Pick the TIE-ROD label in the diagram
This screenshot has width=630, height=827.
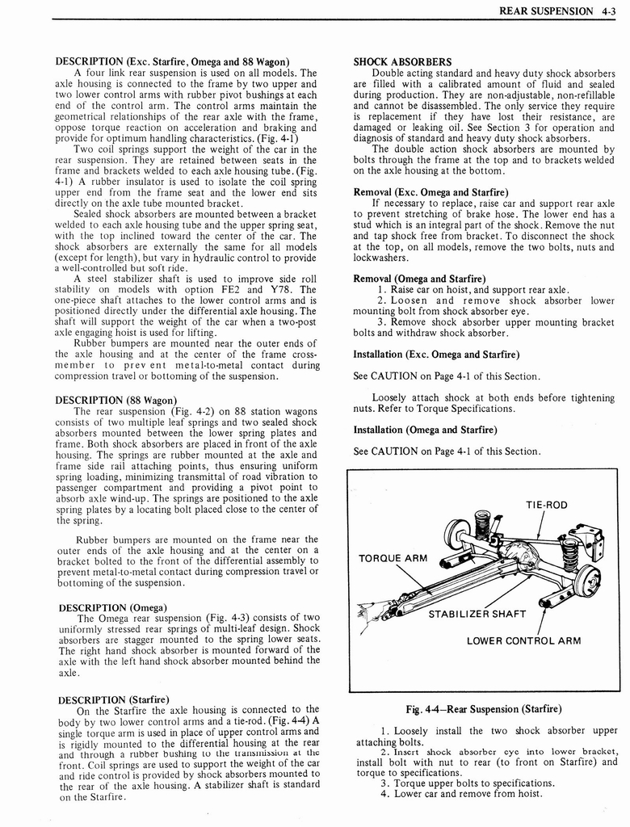(x=547, y=505)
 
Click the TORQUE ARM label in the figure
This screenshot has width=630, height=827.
(x=393, y=558)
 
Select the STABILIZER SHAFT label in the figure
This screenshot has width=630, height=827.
(x=477, y=614)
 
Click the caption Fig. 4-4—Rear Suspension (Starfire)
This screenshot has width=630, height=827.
(x=483, y=709)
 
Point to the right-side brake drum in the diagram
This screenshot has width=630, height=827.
(x=586, y=579)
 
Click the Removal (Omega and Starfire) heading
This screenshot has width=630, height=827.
(x=419, y=279)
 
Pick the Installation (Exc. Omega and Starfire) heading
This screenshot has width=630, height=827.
(x=436, y=354)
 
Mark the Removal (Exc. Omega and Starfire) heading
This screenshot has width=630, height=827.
(x=430, y=191)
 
